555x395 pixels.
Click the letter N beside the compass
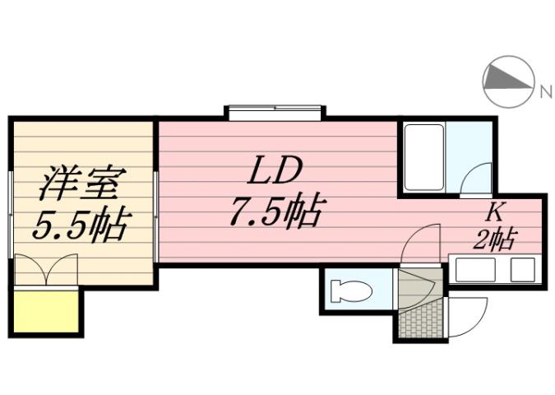point(545,91)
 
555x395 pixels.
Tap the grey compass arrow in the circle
point(502,80)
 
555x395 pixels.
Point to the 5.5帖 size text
point(80,224)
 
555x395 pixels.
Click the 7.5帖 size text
point(274,213)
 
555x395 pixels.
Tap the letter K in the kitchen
point(494,211)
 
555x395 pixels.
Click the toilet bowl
point(349,291)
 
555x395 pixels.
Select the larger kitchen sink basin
point(478,269)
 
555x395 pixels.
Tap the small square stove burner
point(521,269)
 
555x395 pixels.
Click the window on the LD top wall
point(275,112)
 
